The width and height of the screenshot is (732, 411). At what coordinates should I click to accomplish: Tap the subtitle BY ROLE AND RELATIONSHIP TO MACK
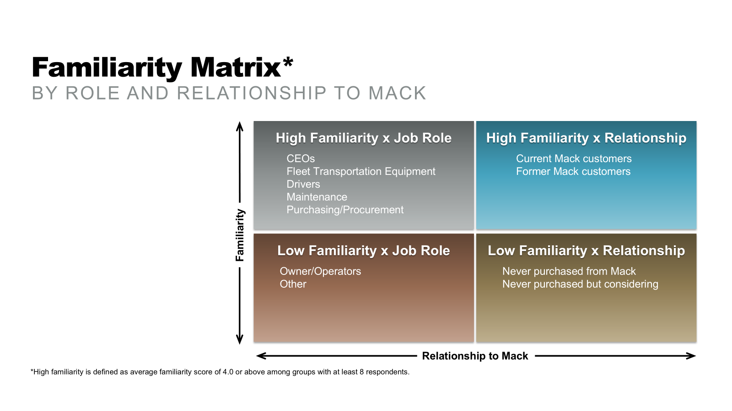pyautogui.click(x=229, y=93)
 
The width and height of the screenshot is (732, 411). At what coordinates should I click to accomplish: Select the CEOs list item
pyautogui.click(x=301, y=158)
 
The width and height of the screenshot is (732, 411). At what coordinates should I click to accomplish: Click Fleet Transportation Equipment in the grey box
pyautogui.click(x=361, y=171)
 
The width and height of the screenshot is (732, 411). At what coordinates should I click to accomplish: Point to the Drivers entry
pyautogui.click(x=303, y=184)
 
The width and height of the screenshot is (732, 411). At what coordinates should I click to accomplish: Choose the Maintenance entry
pyautogui.click(x=317, y=197)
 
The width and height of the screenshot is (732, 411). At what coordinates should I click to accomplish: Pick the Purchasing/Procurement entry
pyautogui.click(x=345, y=210)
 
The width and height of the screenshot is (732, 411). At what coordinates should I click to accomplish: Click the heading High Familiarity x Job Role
pyautogui.click(x=363, y=138)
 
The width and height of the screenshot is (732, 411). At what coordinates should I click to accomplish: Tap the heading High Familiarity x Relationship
pyautogui.click(x=586, y=138)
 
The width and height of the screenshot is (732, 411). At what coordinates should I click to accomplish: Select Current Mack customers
pyautogui.click(x=574, y=158)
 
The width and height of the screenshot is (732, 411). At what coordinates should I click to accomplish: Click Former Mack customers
pyautogui.click(x=573, y=171)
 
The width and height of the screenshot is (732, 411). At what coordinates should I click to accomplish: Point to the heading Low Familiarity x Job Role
pyautogui.click(x=363, y=251)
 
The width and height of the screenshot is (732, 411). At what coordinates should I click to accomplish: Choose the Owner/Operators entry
pyautogui.click(x=320, y=271)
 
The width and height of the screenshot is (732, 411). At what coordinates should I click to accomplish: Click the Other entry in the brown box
pyautogui.click(x=293, y=284)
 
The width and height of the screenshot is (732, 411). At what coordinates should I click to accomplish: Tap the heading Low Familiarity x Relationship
pyautogui.click(x=586, y=251)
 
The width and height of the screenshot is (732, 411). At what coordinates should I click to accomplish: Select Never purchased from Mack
pyautogui.click(x=569, y=271)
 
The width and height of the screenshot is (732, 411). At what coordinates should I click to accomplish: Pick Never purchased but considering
pyautogui.click(x=580, y=284)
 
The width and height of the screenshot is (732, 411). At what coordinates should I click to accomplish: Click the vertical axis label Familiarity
pyautogui.click(x=240, y=235)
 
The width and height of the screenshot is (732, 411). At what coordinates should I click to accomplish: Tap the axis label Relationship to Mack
pyautogui.click(x=475, y=356)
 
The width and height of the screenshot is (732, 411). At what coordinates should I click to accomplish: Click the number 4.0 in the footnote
pyautogui.click(x=228, y=372)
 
